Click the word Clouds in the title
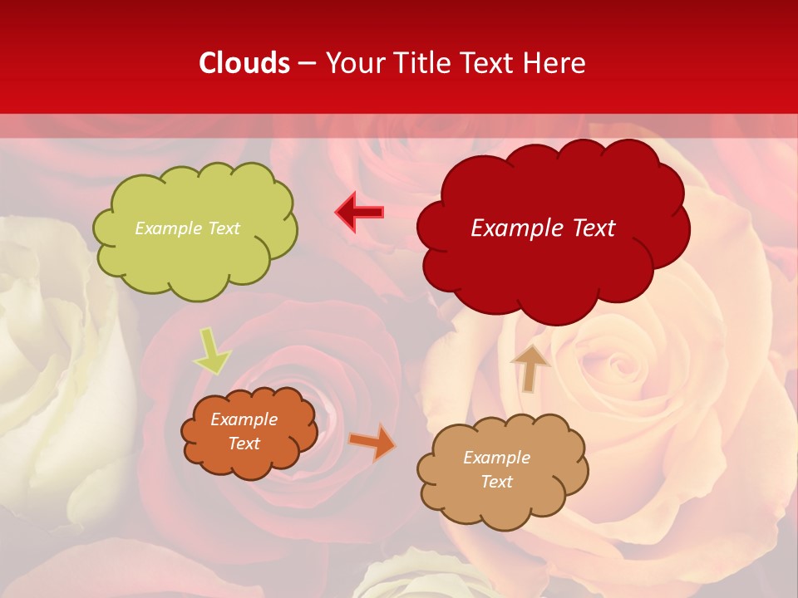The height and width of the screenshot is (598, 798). pyautogui.click(x=244, y=63)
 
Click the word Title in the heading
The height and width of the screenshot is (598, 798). pyautogui.click(x=422, y=63)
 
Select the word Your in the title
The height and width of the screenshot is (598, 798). pyautogui.click(x=353, y=63)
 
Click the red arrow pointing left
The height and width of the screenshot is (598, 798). pyautogui.click(x=359, y=212)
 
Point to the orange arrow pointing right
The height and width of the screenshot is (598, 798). pyautogui.click(x=372, y=443)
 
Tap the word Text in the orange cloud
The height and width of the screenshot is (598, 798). pyautogui.click(x=244, y=444)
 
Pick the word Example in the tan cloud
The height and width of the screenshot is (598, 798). pyautogui.click(x=496, y=458)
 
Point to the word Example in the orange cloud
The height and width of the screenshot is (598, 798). pyautogui.click(x=244, y=419)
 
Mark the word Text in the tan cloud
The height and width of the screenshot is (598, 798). pyautogui.click(x=496, y=482)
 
